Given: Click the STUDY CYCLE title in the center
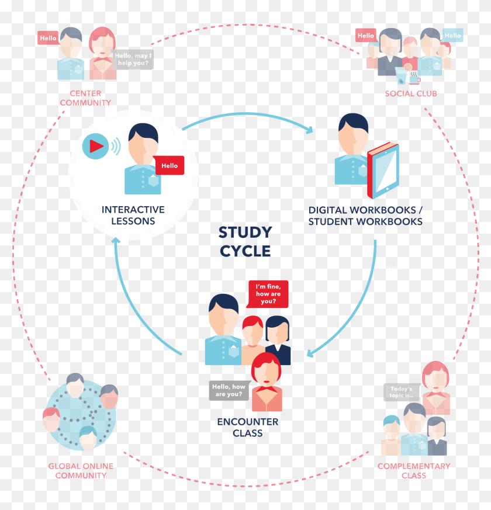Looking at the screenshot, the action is [245, 242].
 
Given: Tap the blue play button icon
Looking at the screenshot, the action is [95, 146].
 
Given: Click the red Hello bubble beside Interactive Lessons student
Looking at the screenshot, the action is [169, 165].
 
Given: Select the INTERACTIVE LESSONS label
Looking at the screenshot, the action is [133, 215].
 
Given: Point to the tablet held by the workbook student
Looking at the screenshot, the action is [383, 171].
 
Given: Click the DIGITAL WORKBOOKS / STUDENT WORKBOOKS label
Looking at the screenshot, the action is [365, 216].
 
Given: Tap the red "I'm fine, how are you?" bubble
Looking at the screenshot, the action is [268, 294].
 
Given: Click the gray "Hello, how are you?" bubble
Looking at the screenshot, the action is [229, 390].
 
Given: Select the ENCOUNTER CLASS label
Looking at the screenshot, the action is [248, 428].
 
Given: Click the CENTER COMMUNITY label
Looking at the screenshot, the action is [85, 98].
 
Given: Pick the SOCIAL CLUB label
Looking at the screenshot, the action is [411, 93].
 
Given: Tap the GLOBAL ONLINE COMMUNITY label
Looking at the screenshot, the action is [81, 471].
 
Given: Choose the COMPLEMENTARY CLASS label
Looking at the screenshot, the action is [414, 471].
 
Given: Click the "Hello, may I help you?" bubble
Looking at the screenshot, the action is [133, 59].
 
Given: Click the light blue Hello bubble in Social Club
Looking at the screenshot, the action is [452, 36].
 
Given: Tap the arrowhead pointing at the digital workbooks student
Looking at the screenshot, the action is [309, 130].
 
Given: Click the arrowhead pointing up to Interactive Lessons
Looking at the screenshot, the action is [116, 241].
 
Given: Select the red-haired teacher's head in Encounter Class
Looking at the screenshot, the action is [267, 369].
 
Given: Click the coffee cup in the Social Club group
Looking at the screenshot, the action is [414, 79].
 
